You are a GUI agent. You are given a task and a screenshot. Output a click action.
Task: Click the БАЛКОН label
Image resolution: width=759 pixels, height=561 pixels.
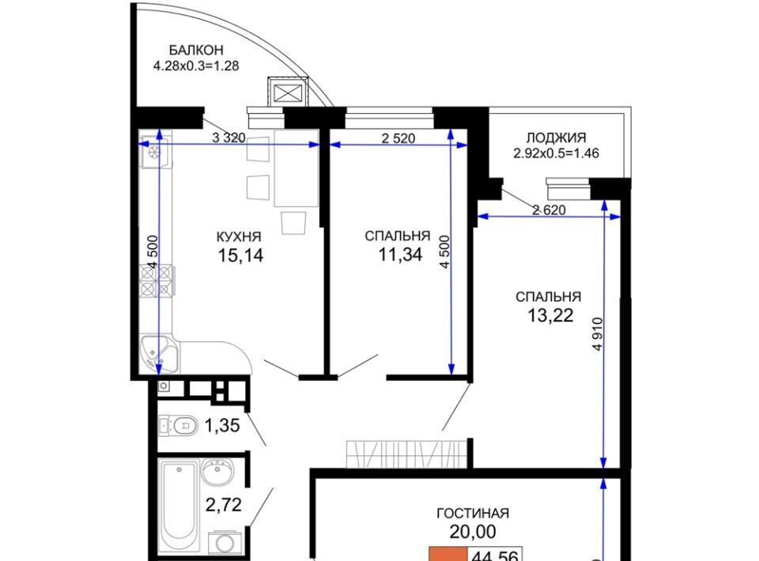pos(196,50)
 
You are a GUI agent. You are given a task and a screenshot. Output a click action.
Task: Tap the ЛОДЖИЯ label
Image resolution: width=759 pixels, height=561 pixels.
pos(556,137)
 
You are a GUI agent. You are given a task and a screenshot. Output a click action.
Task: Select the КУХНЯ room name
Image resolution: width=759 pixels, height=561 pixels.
pos(239,237)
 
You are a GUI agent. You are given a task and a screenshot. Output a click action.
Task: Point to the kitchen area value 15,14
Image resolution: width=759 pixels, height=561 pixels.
pos(240,255)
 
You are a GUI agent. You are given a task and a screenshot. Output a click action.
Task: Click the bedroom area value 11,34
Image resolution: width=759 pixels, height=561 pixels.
pos(400,254)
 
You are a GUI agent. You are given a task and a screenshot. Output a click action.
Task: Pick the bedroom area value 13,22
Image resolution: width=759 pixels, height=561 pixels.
pos(550,316)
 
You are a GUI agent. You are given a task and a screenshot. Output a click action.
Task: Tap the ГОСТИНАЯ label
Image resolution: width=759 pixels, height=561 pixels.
pos(473,513)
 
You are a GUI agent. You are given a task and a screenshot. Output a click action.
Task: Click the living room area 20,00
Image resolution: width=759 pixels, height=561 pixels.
pos(473,532)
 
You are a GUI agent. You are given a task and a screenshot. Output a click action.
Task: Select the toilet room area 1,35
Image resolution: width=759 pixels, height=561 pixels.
pos(222,426)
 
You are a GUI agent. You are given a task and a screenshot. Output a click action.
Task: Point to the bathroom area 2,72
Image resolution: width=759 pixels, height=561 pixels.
pos(223,506)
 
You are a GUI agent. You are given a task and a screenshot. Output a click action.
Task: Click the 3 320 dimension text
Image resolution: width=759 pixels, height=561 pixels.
pos(228,137)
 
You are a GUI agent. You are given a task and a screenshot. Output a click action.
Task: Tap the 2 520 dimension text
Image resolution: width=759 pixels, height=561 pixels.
pos(398,138)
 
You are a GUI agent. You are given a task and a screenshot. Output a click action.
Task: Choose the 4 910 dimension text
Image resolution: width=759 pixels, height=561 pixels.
pos(598,333)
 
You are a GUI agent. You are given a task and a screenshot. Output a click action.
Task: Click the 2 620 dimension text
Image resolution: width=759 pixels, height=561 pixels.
pos(549,210)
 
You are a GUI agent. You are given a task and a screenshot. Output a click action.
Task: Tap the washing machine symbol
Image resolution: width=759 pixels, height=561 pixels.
pos(225,543)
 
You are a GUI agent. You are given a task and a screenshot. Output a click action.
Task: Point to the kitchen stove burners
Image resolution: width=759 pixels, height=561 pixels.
pos(156,280)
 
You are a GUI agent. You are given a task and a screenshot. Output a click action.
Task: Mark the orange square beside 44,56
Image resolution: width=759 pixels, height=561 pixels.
pos(448,554)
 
